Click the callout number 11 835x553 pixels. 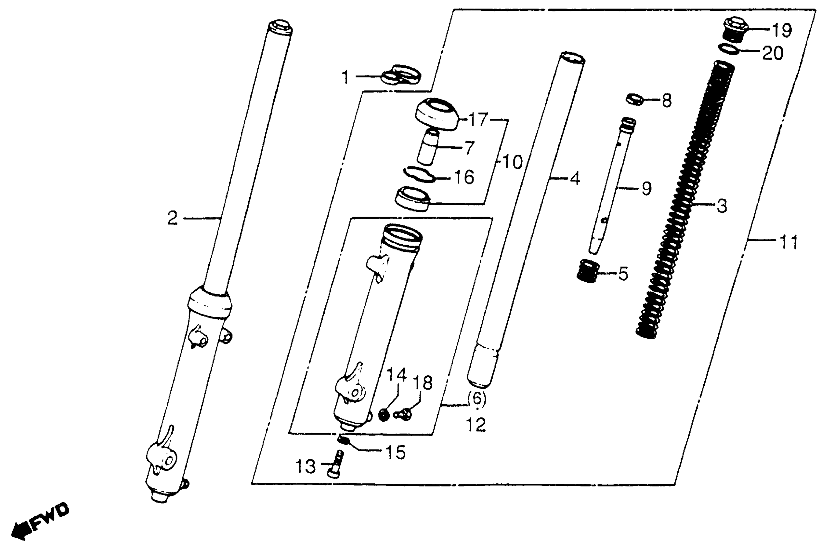coord(789,243)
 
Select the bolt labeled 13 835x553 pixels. coord(336,464)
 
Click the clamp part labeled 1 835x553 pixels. coord(402,75)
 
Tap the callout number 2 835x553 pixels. coord(172,218)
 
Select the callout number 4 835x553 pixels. coord(575,179)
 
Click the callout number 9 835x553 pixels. coord(646,189)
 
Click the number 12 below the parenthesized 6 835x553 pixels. coord(476,425)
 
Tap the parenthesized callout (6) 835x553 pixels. coord(476,398)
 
